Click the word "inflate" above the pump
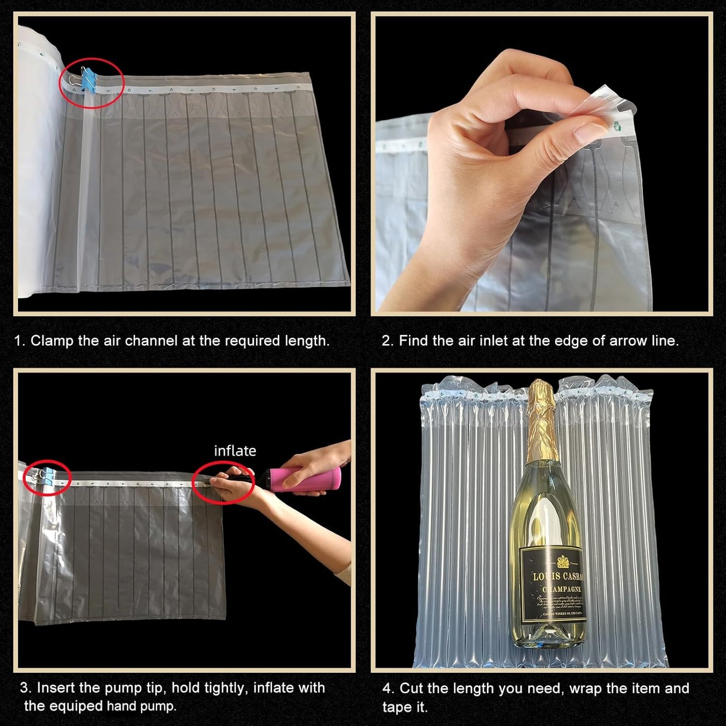235,451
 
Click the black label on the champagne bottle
553,585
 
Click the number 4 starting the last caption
386,688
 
